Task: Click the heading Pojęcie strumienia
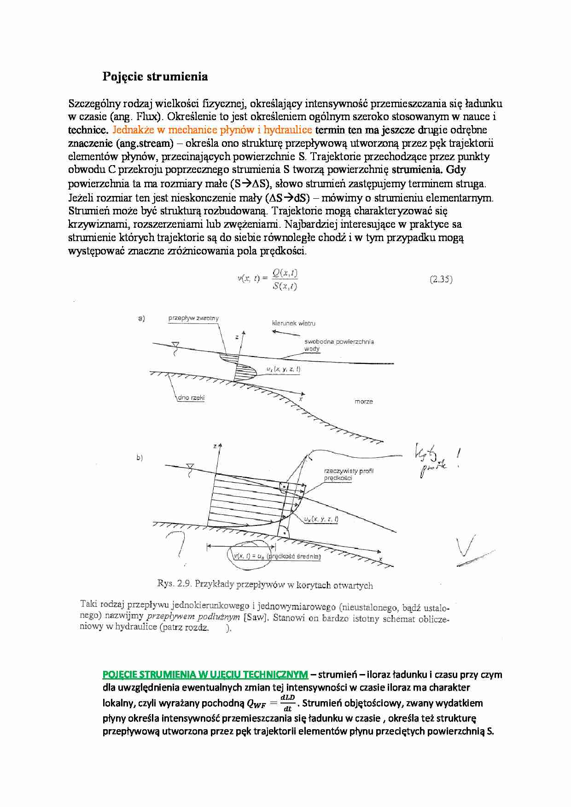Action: coord(155,76)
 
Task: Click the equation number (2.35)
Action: coord(441,279)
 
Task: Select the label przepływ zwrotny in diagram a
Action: coord(193,318)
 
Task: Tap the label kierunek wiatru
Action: coord(293,323)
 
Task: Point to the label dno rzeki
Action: coord(191,398)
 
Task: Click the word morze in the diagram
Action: coord(364,402)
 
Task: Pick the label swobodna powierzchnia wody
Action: coord(339,345)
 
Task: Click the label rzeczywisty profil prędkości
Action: coord(349,474)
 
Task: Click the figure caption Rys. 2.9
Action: coord(265,584)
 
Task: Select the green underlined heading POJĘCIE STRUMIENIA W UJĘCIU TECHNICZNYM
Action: coord(205,674)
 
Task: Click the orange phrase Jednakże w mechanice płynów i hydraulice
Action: coord(212,130)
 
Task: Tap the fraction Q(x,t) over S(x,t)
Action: coord(285,279)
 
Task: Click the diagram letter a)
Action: coord(141,318)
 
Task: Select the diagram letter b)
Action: coord(140,458)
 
